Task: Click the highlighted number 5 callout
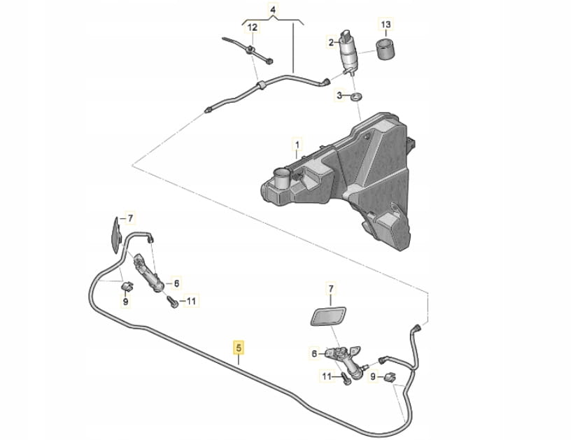pyautogui.click(x=239, y=346)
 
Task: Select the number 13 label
pyautogui.click(x=386, y=24)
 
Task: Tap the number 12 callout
pyautogui.click(x=253, y=27)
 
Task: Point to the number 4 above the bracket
pyautogui.click(x=272, y=10)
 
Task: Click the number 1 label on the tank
pyautogui.click(x=296, y=148)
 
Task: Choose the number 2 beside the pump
pyautogui.click(x=331, y=43)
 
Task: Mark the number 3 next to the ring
pyautogui.click(x=339, y=96)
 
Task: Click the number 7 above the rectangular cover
pyautogui.click(x=332, y=288)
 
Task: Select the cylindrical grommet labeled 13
pyautogui.click(x=385, y=51)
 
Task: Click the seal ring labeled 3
pyautogui.click(x=355, y=97)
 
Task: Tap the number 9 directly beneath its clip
pyautogui.click(x=125, y=302)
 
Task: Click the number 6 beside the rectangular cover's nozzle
pyautogui.click(x=314, y=354)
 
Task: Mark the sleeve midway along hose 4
pyautogui.click(x=260, y=85)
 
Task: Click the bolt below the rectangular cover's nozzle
pyautogui.click(x=347, y=378)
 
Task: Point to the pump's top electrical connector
pyautogui.click(x=346, y=34)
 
